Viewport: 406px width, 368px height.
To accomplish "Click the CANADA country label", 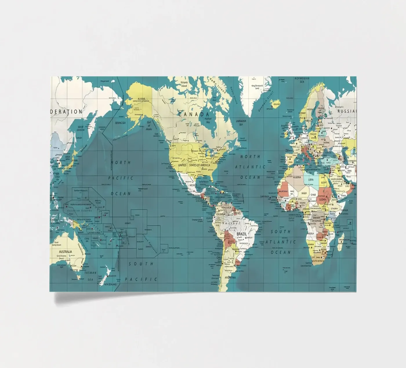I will pyautogui.click(x=193, y=114).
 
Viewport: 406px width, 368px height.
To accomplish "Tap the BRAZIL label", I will pyautogui.click(x=242, y=234).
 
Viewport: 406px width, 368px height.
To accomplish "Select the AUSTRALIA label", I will pyautogui.click(x=65, y=252).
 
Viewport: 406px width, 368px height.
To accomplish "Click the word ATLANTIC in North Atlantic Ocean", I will pyautogui.click(x=250, y=167).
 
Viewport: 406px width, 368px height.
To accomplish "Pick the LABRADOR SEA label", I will pyautogui.click(x=241, y=122).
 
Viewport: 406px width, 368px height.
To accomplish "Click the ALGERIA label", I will pyautogui.click(x=297, y=177).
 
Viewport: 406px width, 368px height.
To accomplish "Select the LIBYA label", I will pyautogui.click(x=311, y=180).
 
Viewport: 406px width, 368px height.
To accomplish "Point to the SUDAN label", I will pyautogui.click(x=323, y=200).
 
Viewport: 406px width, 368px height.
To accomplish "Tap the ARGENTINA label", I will pyautogui.click(x=230, y=278).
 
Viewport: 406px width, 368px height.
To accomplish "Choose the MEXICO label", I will pyautogui.click(x=193, y=185).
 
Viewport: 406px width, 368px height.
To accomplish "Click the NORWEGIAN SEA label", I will pyautogui.click(x=302, y=80).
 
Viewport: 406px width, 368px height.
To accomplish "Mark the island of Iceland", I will pyautogui.click(x=275, y=103).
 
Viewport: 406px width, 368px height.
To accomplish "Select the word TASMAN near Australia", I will pyautogui.click(x=90, y=273).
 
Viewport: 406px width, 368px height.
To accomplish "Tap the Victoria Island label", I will pyautogui.click(x=184, y=84).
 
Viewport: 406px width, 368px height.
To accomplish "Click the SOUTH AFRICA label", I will pyautogui.click(x=318, y=261).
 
